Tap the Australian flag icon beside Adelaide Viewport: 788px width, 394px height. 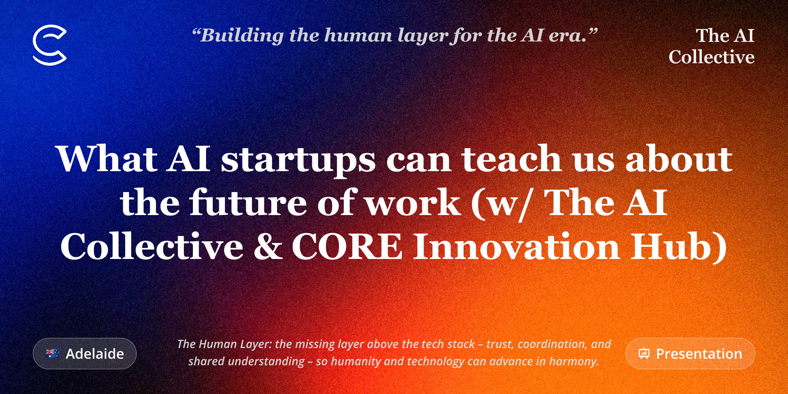click(x=53, y=353)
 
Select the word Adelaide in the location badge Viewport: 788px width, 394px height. click(x=95, y=354)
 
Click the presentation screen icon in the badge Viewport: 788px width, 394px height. click(x=644, y=354)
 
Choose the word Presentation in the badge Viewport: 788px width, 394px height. click(x=699, y=354)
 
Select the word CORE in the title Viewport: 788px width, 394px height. click(x=347, y=246)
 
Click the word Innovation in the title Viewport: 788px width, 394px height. click(x=516, y=246)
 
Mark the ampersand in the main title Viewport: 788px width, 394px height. click(x=268, y=246)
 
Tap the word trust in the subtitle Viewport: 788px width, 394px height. click(x=500, y=344)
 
